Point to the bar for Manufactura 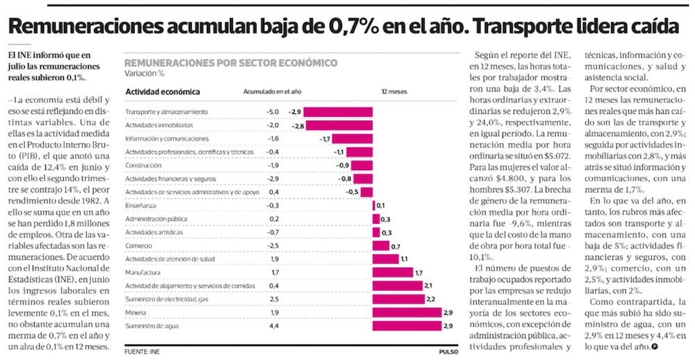(393, 272)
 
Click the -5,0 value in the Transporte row (272, 112)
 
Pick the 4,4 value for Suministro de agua (274, 326)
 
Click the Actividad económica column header (163, 92)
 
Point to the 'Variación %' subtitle (145, 73)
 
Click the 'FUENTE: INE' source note (142, 351)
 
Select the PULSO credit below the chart (448, 351)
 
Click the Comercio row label (138, 246)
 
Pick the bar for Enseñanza (374, 206)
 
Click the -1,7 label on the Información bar (325, 139)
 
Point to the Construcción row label (144, 165)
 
